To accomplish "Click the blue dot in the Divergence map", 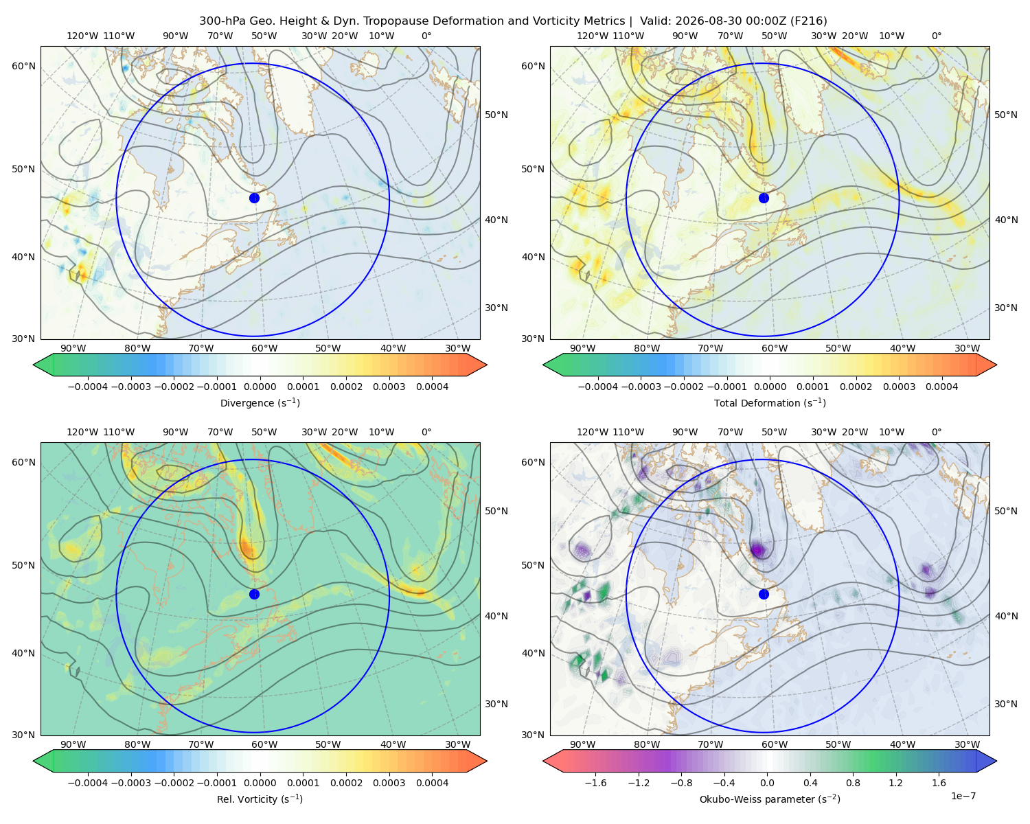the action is (254, 198).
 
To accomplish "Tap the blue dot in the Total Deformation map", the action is (764, 198).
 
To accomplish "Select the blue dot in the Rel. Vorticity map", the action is (254, 594).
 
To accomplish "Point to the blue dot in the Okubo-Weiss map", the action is (764, 594).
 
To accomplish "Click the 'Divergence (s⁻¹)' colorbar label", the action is (260, 402).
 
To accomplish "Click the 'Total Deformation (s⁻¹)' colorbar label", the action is (770, 402).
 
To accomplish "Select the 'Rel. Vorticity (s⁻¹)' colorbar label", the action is (260, 799).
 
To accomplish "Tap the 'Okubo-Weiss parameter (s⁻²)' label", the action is (770, 799).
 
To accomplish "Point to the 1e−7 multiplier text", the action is (963, 796).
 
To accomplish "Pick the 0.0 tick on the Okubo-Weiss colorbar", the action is (767, 783).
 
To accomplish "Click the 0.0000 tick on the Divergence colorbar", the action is (260, 387).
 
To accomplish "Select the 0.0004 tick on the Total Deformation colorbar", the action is (941, 387).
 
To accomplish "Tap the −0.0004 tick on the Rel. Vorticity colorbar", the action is (88, 783).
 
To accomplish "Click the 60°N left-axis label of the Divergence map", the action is (23, 66).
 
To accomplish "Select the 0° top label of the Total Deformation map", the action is (936, 36).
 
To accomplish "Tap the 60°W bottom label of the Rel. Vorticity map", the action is (264, 744).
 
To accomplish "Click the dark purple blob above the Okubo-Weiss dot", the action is (758, 549).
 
